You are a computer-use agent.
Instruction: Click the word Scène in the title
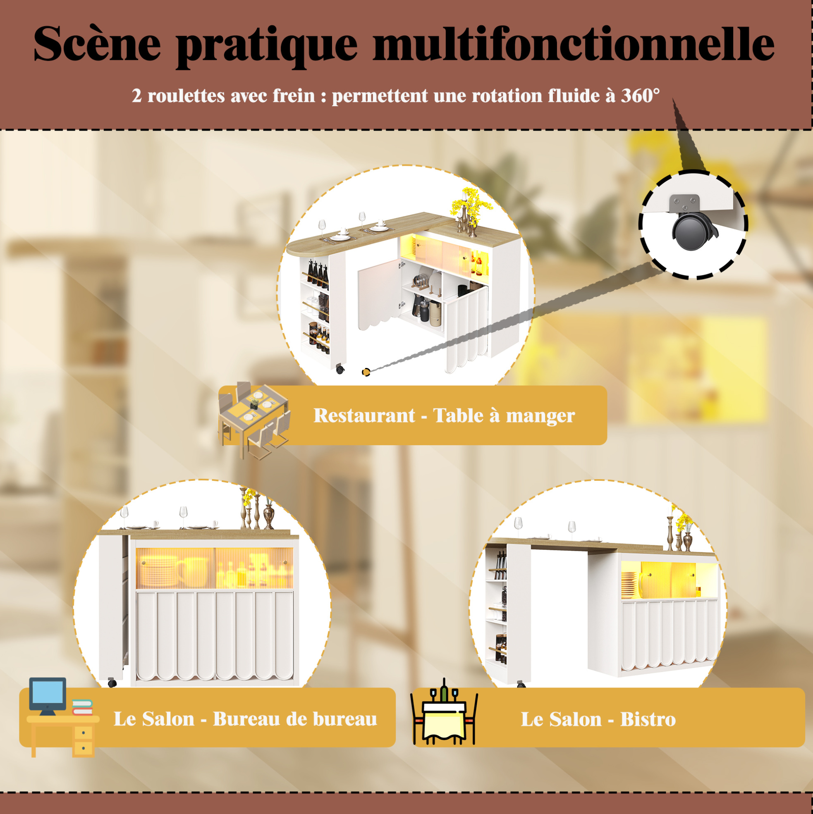(97, 43)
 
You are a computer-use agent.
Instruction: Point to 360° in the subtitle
(640, 95)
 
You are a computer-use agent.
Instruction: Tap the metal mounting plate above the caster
(684, 204)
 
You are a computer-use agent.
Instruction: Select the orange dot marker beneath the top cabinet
(366, 372)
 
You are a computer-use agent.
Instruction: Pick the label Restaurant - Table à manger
(444, 415)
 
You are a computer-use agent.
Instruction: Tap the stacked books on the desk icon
(83, 707)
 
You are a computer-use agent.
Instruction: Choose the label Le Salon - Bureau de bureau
(245, 719)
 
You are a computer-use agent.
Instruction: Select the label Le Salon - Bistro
(598, 719)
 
